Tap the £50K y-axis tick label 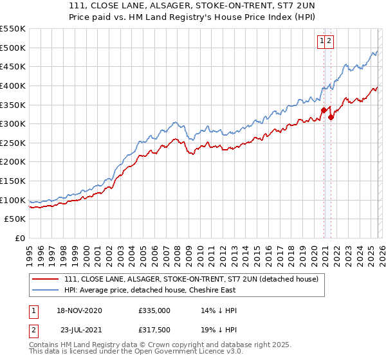15,219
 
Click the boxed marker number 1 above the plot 322,40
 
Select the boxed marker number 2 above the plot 329,40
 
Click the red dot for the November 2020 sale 324,111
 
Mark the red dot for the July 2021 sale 331,117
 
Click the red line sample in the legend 44,279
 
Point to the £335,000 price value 154,310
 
